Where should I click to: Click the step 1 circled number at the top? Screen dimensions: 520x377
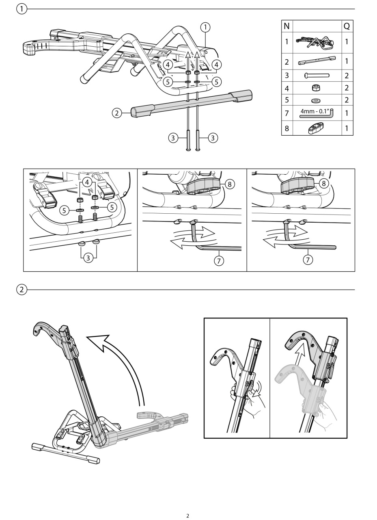(22, 9)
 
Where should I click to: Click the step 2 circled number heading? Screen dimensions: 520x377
(22, 290)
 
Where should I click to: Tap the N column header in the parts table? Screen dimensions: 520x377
(287, 26)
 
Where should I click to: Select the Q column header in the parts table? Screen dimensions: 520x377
(347, 26)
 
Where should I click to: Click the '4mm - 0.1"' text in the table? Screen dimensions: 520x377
(315, 111)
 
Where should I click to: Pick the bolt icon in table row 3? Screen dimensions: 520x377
(317, 75)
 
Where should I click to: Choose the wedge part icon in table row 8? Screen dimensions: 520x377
(317, 128)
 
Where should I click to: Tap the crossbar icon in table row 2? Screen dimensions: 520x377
(317, 61)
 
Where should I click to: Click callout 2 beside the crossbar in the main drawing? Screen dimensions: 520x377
(117, 113)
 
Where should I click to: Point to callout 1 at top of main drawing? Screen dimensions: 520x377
(206, 27)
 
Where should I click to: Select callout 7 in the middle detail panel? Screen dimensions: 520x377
(219, 261)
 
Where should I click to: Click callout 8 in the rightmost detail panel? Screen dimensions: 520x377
(323, 183)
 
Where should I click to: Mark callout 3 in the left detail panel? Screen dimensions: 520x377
(88, 258)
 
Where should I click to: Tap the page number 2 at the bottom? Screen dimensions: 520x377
(187, 516)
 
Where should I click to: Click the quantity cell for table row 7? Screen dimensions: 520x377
(347, 113)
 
